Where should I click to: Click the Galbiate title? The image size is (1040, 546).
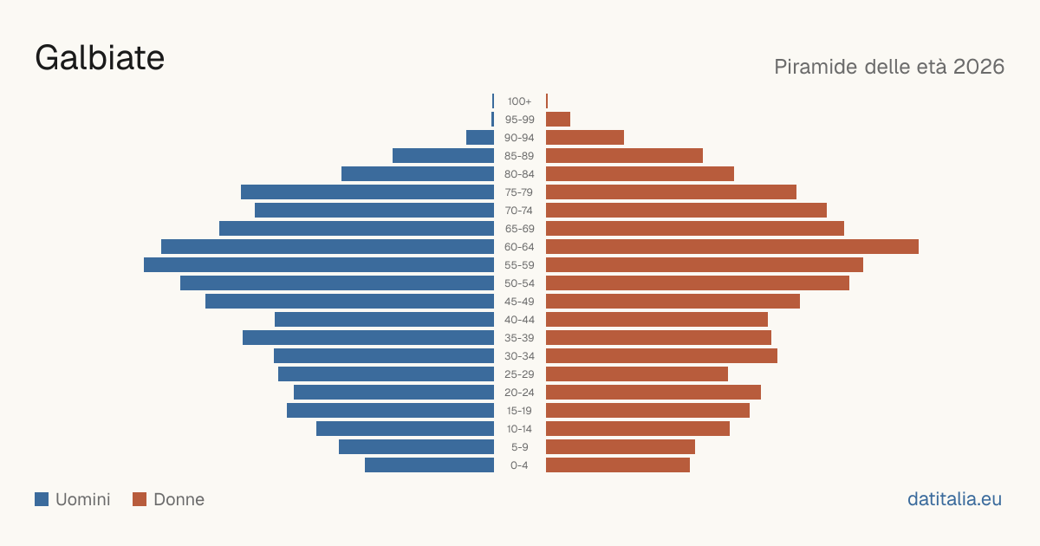click(x=100, y=58)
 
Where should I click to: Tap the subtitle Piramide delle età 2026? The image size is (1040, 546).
click(x=889, y=67)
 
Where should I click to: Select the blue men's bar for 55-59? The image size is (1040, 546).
click(x=319, y=265)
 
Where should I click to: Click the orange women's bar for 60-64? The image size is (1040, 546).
click(x=732, y=246)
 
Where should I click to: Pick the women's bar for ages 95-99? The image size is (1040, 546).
click(x=558, y=120)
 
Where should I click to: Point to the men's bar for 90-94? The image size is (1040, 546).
click(x=480, y=138)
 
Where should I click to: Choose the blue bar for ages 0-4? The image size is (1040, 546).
click(x=430, y=465)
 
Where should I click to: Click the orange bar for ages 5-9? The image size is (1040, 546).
click(x=621, y=447)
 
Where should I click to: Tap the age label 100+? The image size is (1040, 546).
click(x=519, y=101)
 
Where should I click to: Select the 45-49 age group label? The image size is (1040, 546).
click(x=519, y=302)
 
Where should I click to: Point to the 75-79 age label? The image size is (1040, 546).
click(x=519, y=192)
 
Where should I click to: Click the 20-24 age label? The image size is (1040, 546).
click(x=519, y=393)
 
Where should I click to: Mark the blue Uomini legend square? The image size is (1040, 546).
click(x=42, y=499)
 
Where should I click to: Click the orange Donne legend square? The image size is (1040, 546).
click(x=140, y=499)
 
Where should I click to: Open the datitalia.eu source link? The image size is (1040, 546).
click(x=954, y=499)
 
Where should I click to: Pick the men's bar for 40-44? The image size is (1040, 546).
click(x=385, y=320)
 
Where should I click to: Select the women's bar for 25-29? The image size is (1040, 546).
click(x=637, y=374)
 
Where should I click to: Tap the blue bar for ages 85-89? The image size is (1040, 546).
click(x=444, y=155)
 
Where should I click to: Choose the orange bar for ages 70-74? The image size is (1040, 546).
click(x=686, y=211)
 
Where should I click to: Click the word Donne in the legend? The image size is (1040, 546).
click(x=179, y=499)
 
